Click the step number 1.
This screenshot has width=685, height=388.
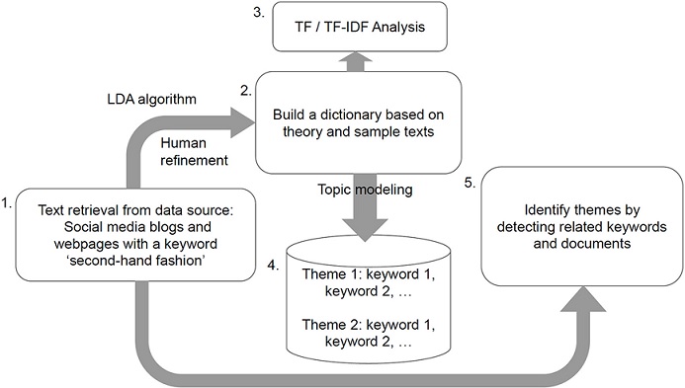(8, 204)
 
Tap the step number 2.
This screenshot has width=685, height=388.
(247, 89)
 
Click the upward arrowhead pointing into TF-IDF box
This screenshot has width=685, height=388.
(355, 59)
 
